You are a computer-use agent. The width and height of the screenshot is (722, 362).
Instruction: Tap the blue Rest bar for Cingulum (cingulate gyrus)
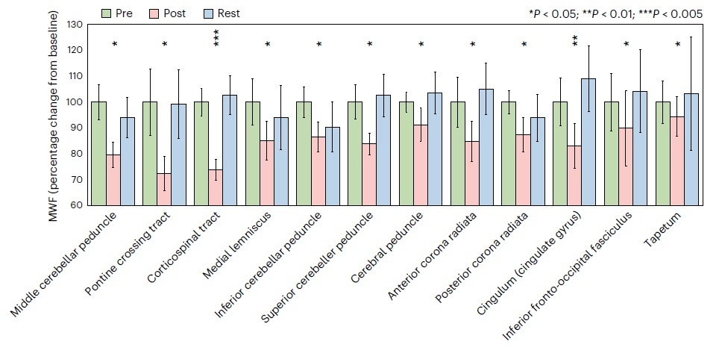(588, 142)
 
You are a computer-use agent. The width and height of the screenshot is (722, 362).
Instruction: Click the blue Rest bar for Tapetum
(691, 149)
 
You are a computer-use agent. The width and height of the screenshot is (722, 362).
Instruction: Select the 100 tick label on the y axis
(74, 102)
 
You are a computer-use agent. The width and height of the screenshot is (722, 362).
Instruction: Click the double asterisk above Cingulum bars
(575, 41)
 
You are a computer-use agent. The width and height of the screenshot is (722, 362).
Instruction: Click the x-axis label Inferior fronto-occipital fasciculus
(570, 269)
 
